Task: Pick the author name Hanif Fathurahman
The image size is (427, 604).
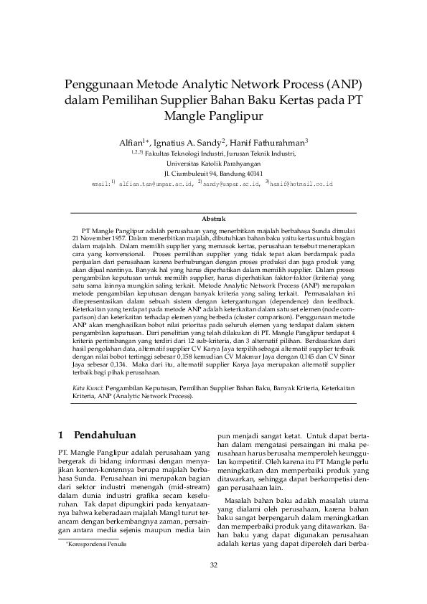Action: pos(269,141)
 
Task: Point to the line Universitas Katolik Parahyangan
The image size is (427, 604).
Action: pos(213,163)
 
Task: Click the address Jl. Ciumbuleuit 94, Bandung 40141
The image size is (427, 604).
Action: pos(213,173)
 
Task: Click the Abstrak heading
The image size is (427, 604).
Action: pos(213,217)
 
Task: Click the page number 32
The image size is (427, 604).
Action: pos(213,566)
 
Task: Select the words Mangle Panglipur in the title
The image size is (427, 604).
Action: pos(213,115)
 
